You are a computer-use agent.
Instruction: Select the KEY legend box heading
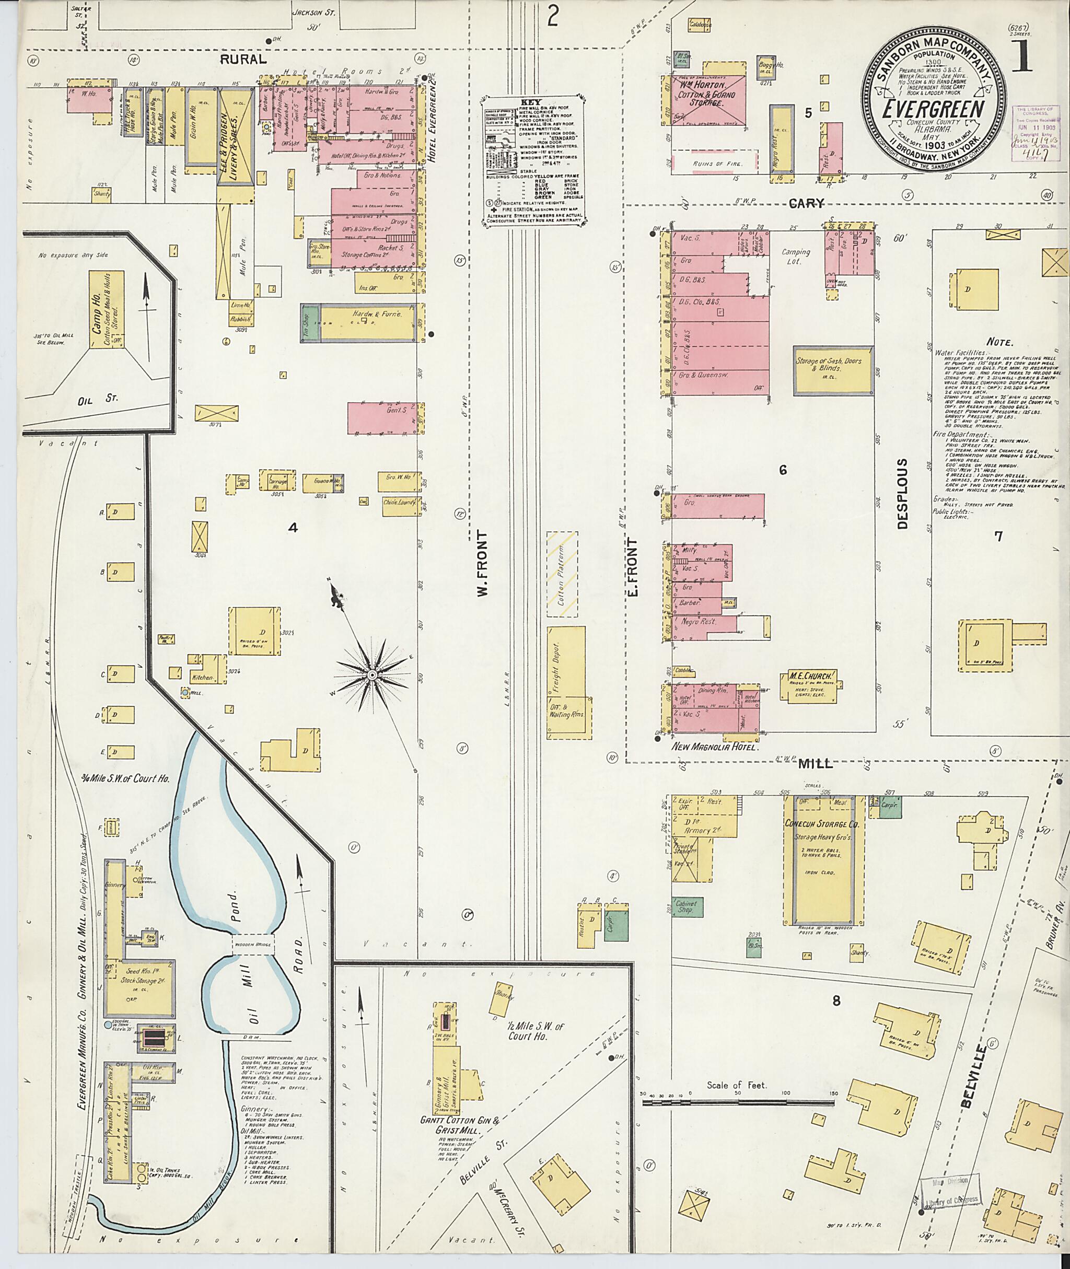click(x=533, y=102)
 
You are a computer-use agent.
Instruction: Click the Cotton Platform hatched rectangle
click(x=562, y=574)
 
